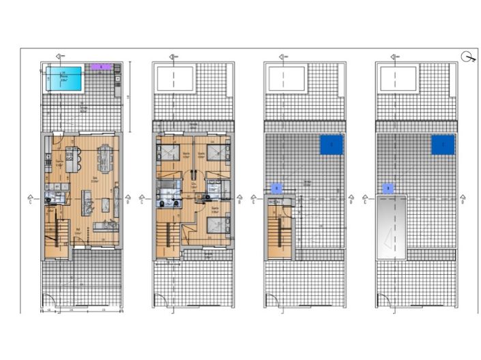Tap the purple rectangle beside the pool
(101, 67)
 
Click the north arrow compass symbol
(469, 57)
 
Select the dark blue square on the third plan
(332, 145)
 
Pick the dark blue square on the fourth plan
(443, 145)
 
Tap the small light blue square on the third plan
(276, 187)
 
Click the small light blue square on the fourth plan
(388, 187)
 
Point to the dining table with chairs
(104, 160)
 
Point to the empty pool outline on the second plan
(175, 79)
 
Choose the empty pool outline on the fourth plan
(397, 79)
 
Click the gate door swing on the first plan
(48, 300)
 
